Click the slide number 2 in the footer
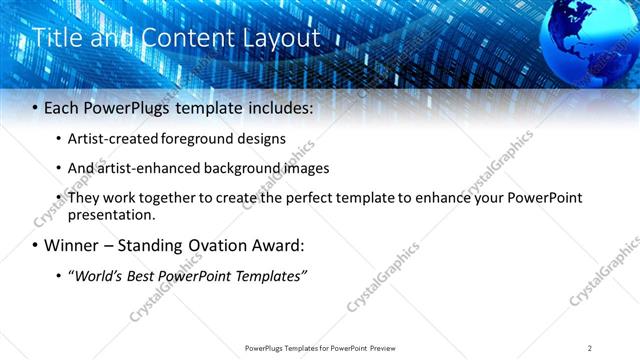click(x=590, y=348)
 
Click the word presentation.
click(x=111, y=214)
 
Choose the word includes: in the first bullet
click(x=276, y=106)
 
